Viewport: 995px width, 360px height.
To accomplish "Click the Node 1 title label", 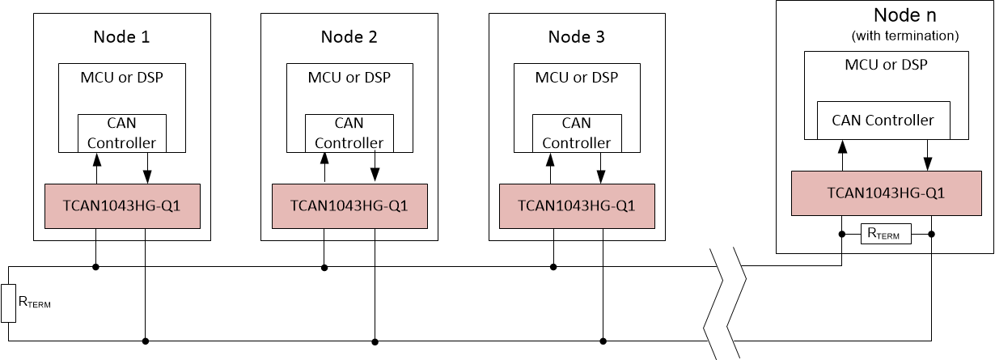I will click(122, 36).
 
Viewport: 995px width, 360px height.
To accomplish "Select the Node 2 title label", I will click(349, 36).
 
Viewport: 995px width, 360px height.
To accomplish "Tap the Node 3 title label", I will click(577, 36).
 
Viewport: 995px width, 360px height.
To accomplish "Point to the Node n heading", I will click(904, 15).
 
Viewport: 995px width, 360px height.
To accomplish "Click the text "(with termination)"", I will click(905, 36).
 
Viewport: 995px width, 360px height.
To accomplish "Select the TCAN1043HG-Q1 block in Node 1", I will click(122, 205).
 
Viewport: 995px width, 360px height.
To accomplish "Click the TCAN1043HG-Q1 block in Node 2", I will click(349, 205).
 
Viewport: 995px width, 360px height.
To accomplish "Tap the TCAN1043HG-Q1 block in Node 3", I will click(577, 205).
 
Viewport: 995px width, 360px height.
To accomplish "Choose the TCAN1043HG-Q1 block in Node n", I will click(888, 193).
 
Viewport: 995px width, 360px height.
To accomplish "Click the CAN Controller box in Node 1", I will click(122, 133).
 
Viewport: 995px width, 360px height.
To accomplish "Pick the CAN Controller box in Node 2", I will click(349, 133).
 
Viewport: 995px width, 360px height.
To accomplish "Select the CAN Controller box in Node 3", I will click(577, 133).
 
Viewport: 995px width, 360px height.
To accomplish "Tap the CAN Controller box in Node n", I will click(883, 120).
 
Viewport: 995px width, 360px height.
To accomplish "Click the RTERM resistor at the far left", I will click(9, 303).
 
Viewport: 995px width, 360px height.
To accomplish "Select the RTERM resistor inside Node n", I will click(887, 235).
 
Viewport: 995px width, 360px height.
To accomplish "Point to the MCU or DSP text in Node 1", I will click(122, 78).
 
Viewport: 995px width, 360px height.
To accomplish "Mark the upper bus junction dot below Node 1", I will click(96, 266).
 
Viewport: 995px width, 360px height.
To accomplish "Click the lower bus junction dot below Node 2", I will click(375, 341).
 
